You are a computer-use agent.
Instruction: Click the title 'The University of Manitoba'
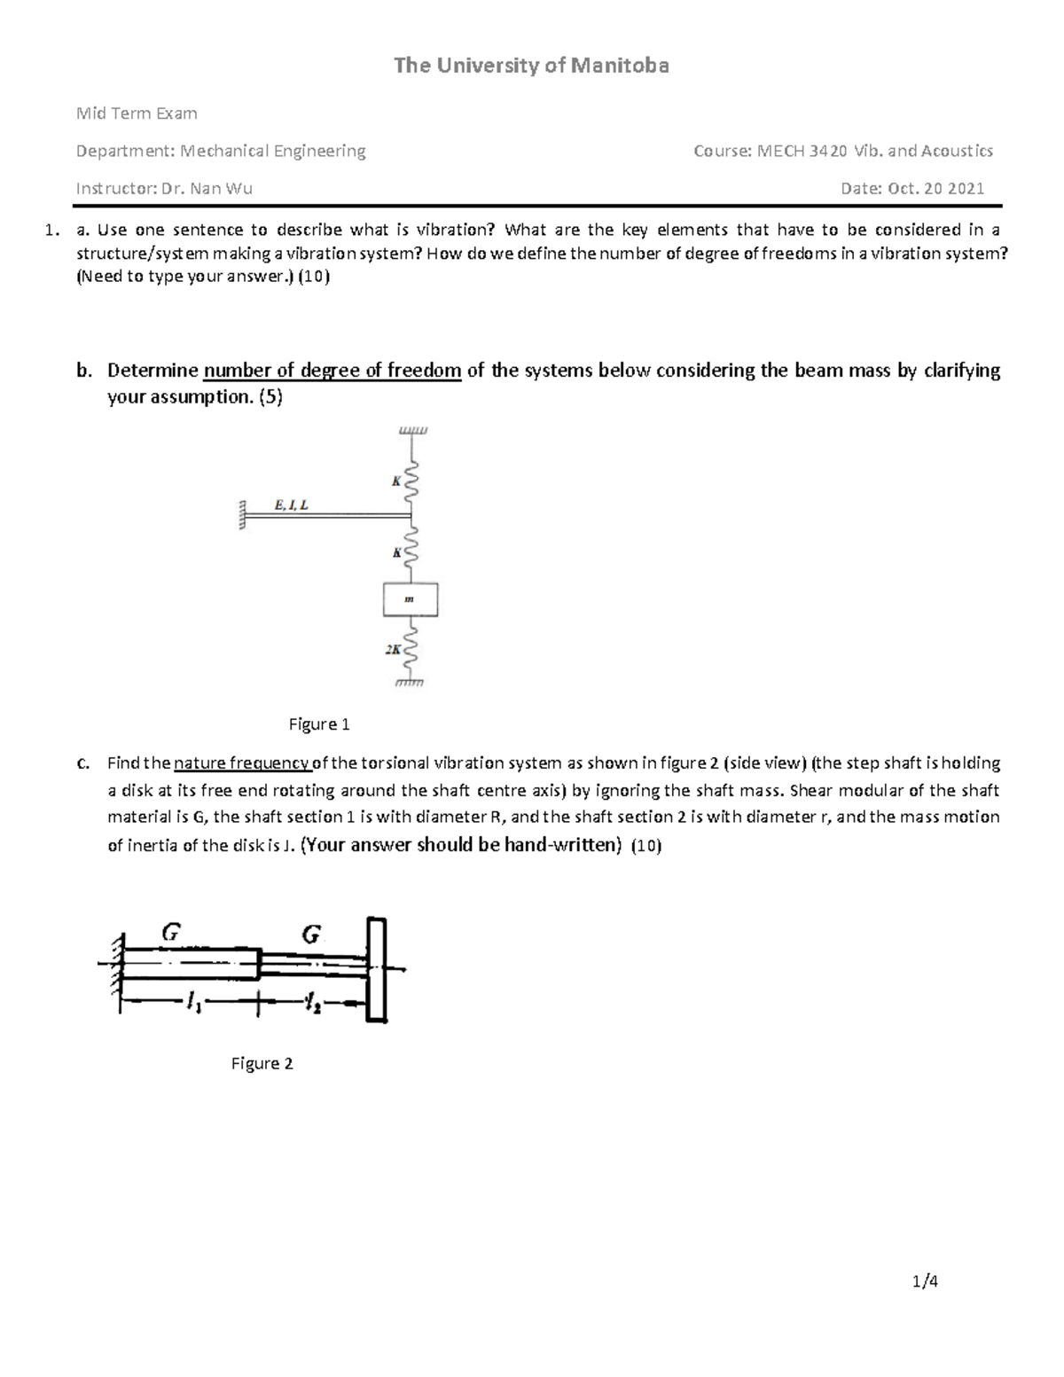coord(531,66)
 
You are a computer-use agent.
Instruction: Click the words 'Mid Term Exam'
coord(137,113)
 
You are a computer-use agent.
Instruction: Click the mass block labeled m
coord(410,599)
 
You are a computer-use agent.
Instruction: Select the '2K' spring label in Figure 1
coord(393,649)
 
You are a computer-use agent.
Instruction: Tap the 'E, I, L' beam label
coord(292,505)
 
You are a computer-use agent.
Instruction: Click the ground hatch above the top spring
coord(412,431)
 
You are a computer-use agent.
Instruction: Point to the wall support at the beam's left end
coord(239,514)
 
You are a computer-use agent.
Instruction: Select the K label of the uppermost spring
coord(396,481)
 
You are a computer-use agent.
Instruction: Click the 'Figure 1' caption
coord(319,724)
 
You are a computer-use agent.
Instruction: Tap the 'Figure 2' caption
coord(262,1063)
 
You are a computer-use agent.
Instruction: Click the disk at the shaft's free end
coord(377,971)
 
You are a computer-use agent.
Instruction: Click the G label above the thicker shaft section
coord(171,931)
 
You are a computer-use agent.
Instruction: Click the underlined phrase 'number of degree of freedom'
coord(332,371)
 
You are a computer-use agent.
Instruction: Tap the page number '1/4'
coord(925,1280)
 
